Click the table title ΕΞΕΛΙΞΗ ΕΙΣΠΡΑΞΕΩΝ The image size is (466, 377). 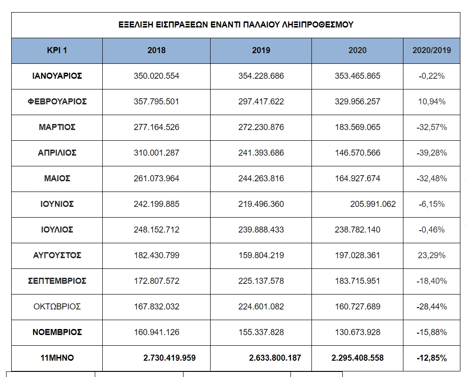tap(236, 25)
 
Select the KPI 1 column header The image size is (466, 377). tap(57, 50)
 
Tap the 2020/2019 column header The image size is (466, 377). tap(431, 50)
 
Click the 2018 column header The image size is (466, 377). tap(156, 50)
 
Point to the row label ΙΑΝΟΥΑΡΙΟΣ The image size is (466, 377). tap(57, 76)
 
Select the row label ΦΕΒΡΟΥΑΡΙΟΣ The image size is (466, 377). tap(57, 102)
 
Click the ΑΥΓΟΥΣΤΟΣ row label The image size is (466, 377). tap(57, 255)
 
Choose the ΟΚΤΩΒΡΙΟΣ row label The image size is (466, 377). tap(57, 307)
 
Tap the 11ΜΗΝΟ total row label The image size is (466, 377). tap(57, 358)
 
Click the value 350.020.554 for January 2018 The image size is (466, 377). tap(156, 76)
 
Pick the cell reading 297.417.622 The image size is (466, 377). tap(261, 102)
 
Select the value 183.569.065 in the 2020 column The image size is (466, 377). tap(357, 127)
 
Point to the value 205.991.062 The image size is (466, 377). tap(373, 204)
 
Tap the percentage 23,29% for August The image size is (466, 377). tap(431, 255)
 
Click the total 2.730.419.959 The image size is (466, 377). tap(169, 358)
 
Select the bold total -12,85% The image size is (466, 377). tap(431, 358)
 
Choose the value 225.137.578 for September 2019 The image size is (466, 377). tap(261, 281)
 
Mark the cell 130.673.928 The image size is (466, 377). tap(357, 332)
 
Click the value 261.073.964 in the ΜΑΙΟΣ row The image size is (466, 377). tap(156, 178)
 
